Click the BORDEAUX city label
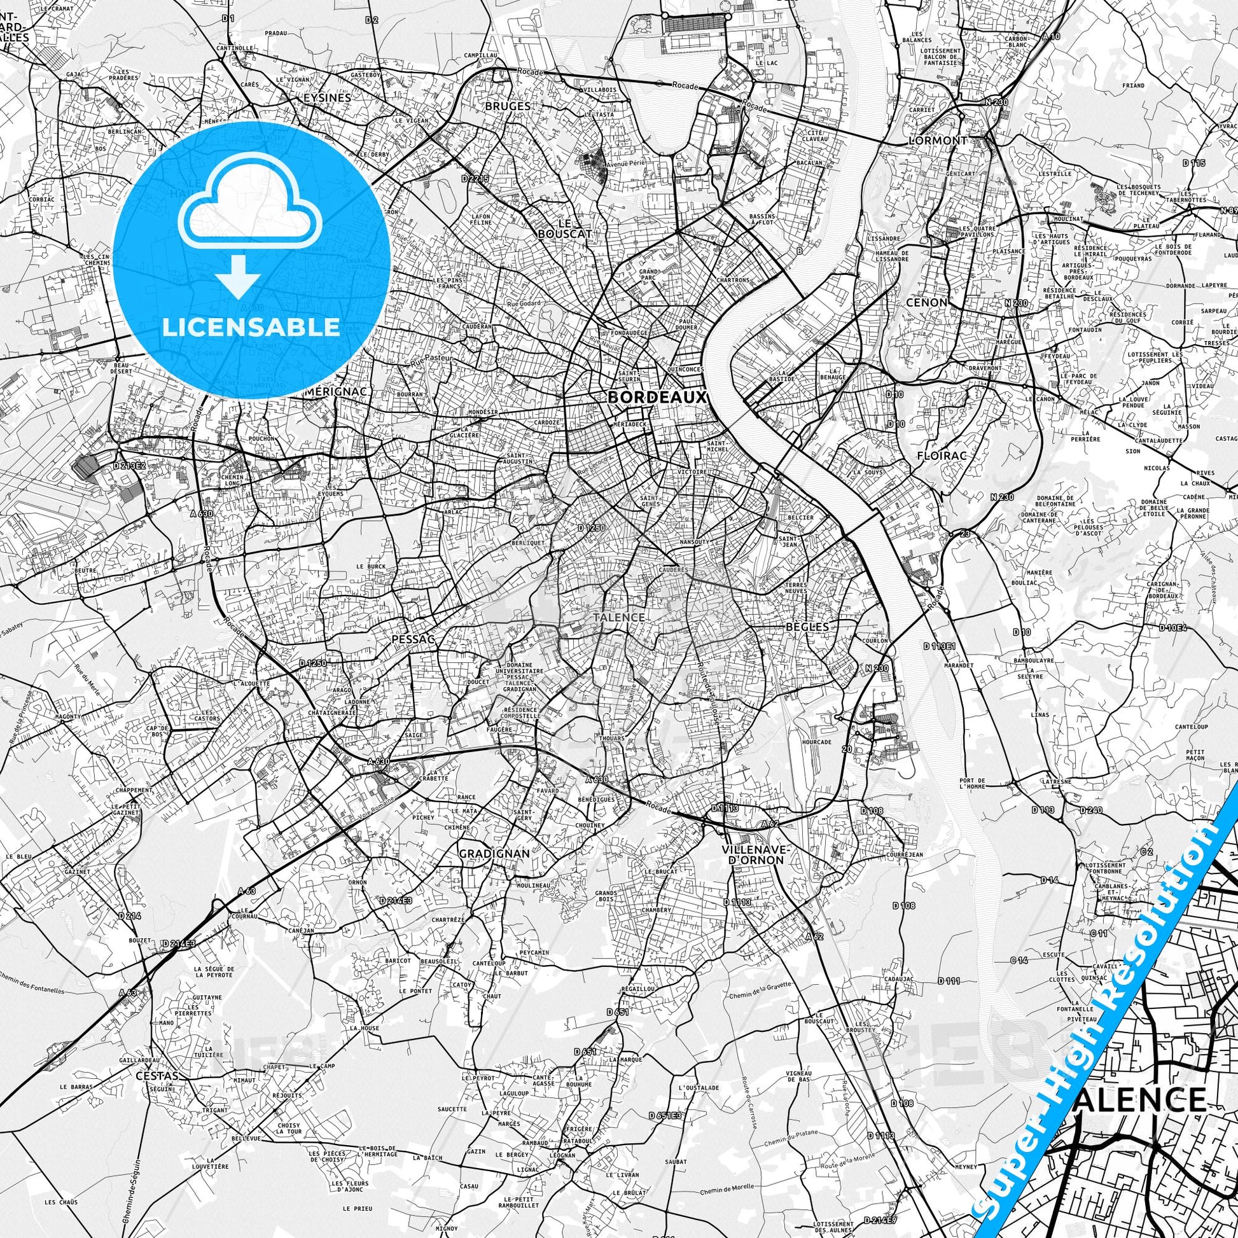657,397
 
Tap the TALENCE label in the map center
618,617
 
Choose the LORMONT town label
938,140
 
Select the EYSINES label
328,98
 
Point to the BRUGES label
508,106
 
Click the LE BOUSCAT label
564,229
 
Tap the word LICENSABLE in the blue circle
251,328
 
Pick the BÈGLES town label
807,627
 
